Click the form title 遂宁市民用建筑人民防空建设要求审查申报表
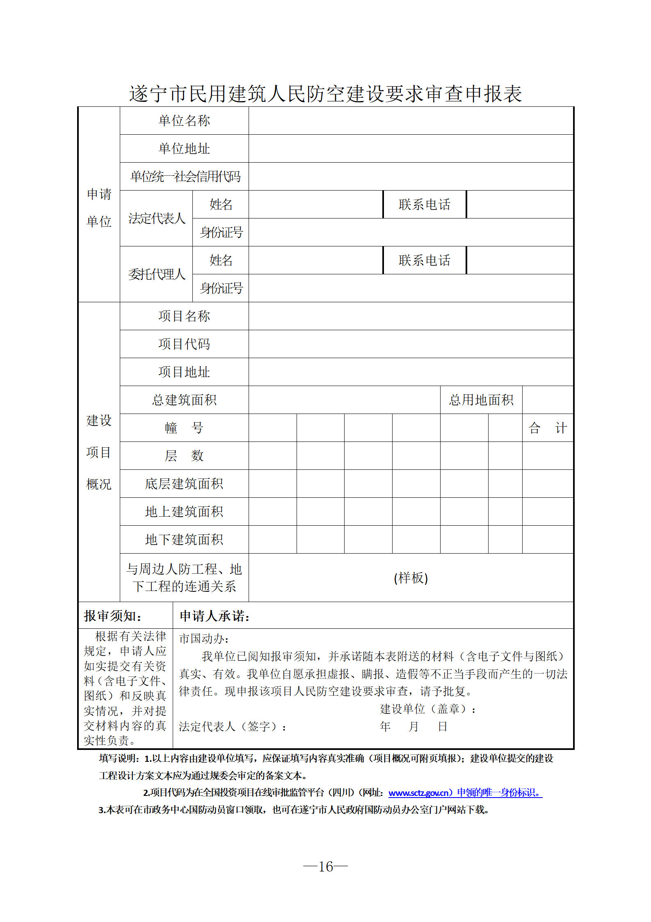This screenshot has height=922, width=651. click(325, 94)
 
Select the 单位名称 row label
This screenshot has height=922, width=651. click(184, 121)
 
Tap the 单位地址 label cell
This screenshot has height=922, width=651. click(184, 149)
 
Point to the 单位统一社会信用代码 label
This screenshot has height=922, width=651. click(185, 177)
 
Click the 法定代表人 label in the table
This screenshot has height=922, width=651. click(157, 218)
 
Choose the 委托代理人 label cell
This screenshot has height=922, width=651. click(157, 274)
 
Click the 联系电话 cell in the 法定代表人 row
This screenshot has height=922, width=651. click(425, 205)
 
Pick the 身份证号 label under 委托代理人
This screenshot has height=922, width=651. click(221, 288)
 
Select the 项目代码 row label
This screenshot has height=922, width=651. click(184, 344)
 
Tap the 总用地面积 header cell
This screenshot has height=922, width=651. click(481, 400)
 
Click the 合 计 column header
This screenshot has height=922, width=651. click(548, 428)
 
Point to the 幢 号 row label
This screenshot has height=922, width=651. click(184, 428)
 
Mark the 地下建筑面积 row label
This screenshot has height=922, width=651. click(184, 540)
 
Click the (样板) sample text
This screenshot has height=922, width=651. click(411, 578)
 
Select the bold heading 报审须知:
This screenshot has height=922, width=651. click(113, 616)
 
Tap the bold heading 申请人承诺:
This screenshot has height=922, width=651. click(215, 616)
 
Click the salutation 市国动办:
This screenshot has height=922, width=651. click(204, 639)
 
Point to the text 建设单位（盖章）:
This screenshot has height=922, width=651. click(427, 709)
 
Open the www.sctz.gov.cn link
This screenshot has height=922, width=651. click(418, 793)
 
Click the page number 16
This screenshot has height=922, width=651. click(326, 867)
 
